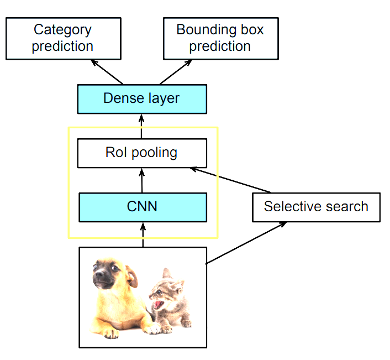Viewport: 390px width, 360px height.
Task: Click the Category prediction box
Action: pos(63,38)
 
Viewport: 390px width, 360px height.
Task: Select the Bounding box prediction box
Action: pos(220,38)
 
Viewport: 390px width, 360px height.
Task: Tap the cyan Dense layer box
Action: pos(141,99)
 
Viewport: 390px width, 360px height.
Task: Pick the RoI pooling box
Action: pos(141,153)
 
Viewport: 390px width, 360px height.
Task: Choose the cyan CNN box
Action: pos(142,207)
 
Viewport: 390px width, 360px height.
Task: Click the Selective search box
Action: pos(316,207)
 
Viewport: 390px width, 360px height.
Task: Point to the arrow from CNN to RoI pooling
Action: pos(142,180)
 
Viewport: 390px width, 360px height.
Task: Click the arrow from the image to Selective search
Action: pos(246,243)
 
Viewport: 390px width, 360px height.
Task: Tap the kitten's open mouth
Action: pos(159,305)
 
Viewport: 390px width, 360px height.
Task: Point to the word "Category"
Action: pos(63,30)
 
